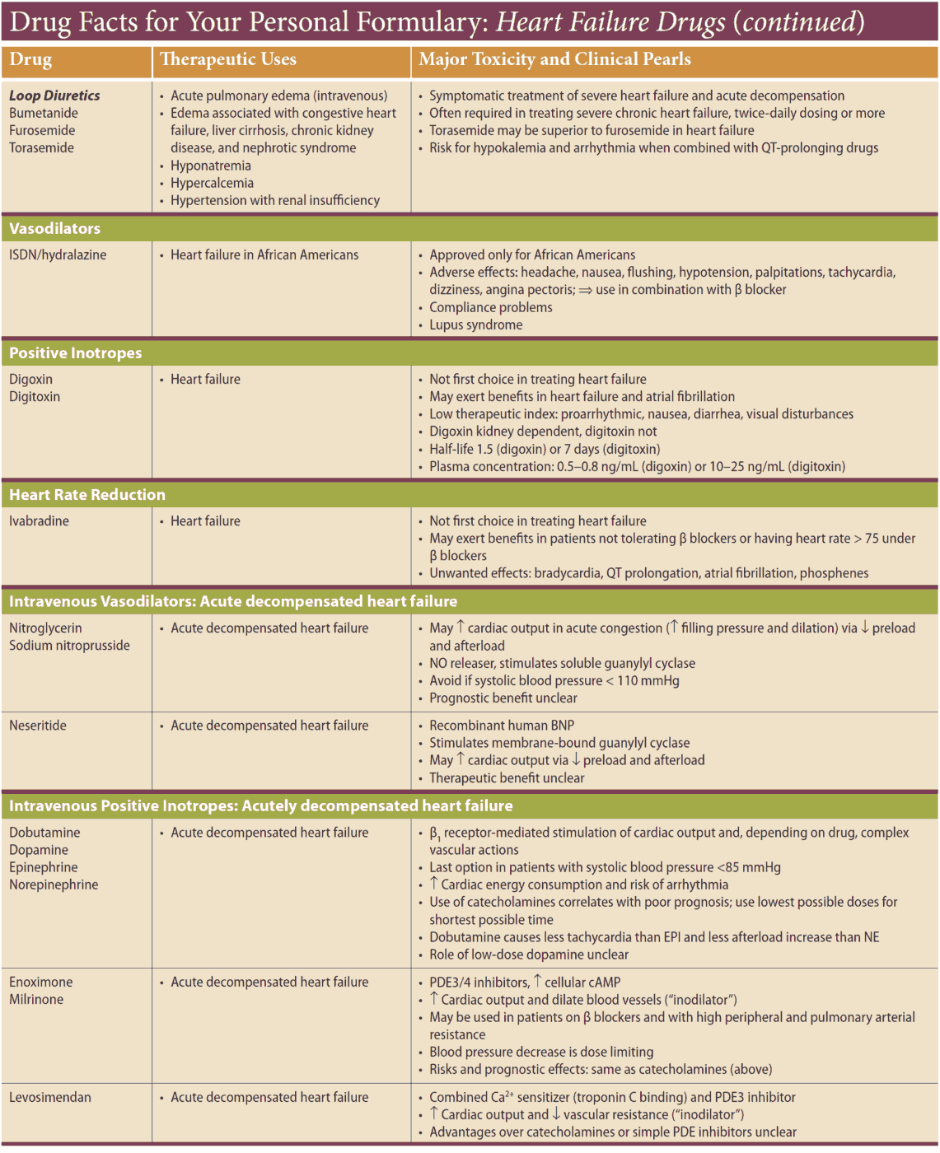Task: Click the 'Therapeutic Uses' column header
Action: tap(228, 59)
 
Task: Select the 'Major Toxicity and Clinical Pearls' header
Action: tap(554, 59)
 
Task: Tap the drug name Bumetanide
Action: tap(44, 113)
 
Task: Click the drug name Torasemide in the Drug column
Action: tap(41, 147)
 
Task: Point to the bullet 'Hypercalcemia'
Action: tap(212, 183)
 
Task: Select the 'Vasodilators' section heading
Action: tap(54, 228)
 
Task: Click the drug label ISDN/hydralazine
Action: tap(58, 254)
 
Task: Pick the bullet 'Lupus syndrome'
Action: tap(475, 324)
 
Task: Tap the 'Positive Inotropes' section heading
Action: tap(75, 352)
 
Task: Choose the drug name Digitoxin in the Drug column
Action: tap(35, 396)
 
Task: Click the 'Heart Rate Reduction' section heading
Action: tap(87, 494)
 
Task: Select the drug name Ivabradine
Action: tap(39, 520)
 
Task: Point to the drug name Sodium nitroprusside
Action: tap(69, 645)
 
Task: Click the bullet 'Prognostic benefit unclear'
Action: tap(503, 698)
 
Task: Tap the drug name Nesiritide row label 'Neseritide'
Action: tap(38, 725)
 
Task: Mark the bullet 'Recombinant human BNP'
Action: tap(502, 725)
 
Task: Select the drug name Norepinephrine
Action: tap(54, 885)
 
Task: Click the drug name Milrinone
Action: tap(36, 999)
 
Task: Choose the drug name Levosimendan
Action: tap(50, 1097)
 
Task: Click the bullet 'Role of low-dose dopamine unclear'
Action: tap(528, 955)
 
